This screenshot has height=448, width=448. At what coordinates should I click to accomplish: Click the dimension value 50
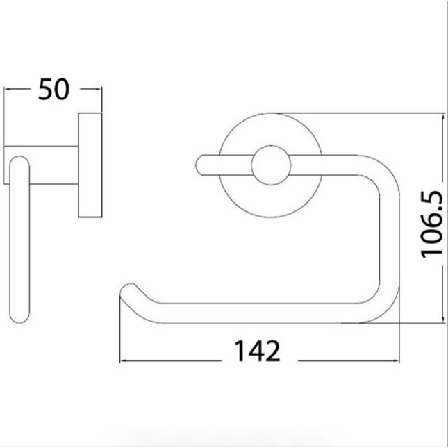[53, 89]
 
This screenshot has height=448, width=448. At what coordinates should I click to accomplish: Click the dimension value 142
[258, 351]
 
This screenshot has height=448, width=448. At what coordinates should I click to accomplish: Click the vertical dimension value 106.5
[432, 224]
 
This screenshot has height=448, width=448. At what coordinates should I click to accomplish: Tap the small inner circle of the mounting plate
[271, 165]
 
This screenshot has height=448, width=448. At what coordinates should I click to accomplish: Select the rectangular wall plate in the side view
[90, 165]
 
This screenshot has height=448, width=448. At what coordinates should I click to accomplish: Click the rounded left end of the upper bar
[201, 165]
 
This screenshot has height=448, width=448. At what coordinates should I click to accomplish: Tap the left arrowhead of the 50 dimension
[7, 89]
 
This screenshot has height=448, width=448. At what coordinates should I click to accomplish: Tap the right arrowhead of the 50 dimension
[99, 89]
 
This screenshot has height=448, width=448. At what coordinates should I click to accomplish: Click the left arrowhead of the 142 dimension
[124, 361]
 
